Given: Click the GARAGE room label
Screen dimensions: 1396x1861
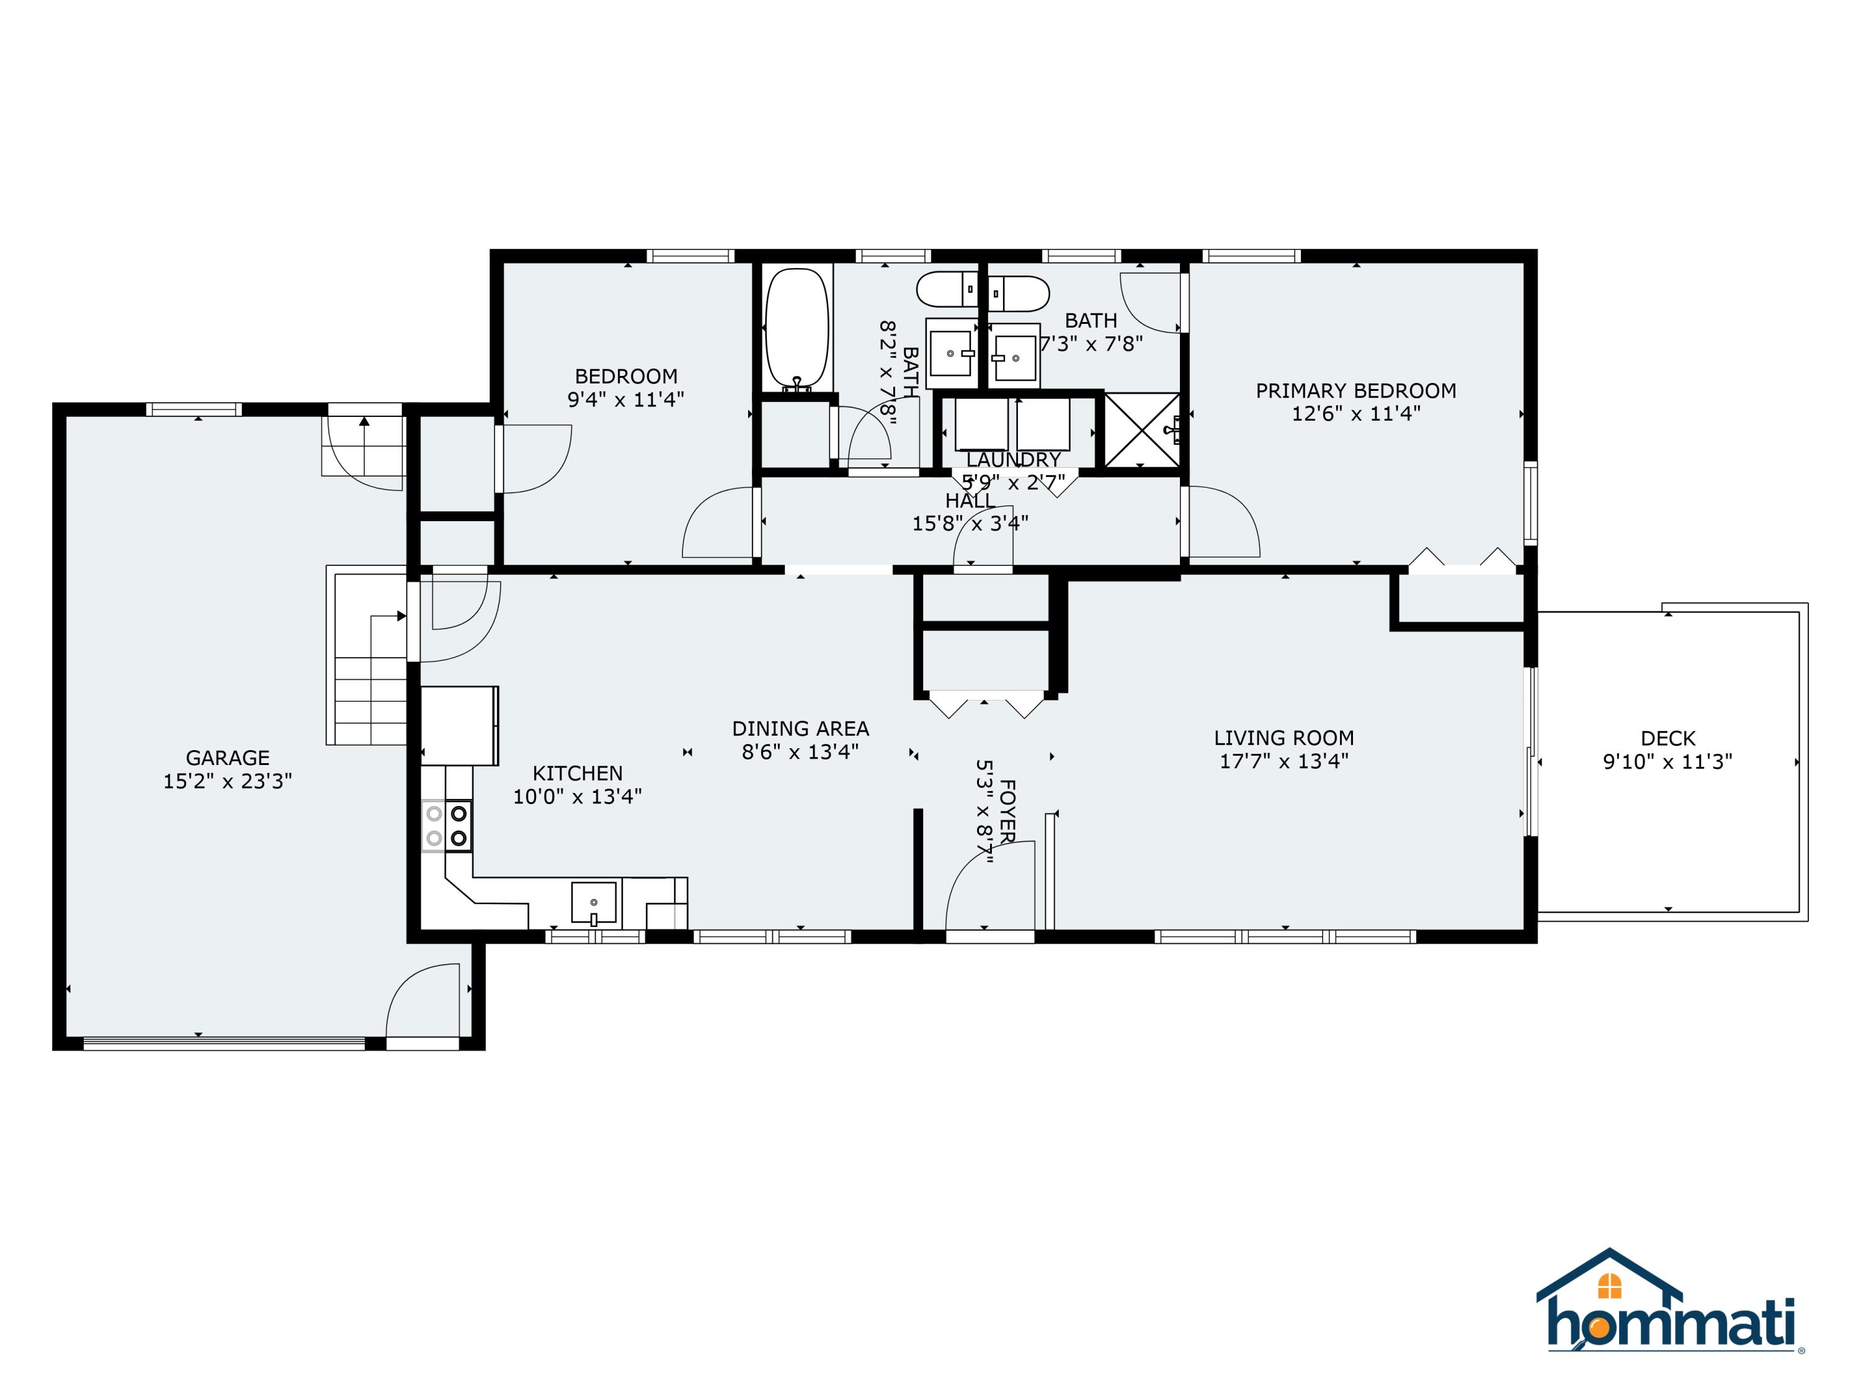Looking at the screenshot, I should coord(227,758).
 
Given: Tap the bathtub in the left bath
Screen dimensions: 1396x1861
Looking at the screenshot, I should coord(796,328).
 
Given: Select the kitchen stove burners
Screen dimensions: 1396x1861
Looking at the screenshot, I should coord(447,825).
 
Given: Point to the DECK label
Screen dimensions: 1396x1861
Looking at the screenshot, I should coord(1667,738).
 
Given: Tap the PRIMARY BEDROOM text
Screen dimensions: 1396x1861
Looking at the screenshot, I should coord(1355,390).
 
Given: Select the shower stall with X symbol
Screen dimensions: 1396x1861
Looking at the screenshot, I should coord(1141,430).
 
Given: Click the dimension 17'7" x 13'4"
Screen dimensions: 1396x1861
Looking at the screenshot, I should coord(1284,761).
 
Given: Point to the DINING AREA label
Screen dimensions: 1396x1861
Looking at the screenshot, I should coord(800,728).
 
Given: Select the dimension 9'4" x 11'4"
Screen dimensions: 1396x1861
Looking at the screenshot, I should coord(625,399).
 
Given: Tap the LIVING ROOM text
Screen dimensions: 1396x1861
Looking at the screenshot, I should coord(1284,738).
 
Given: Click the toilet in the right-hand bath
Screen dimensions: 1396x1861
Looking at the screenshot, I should coord(1020,293).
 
